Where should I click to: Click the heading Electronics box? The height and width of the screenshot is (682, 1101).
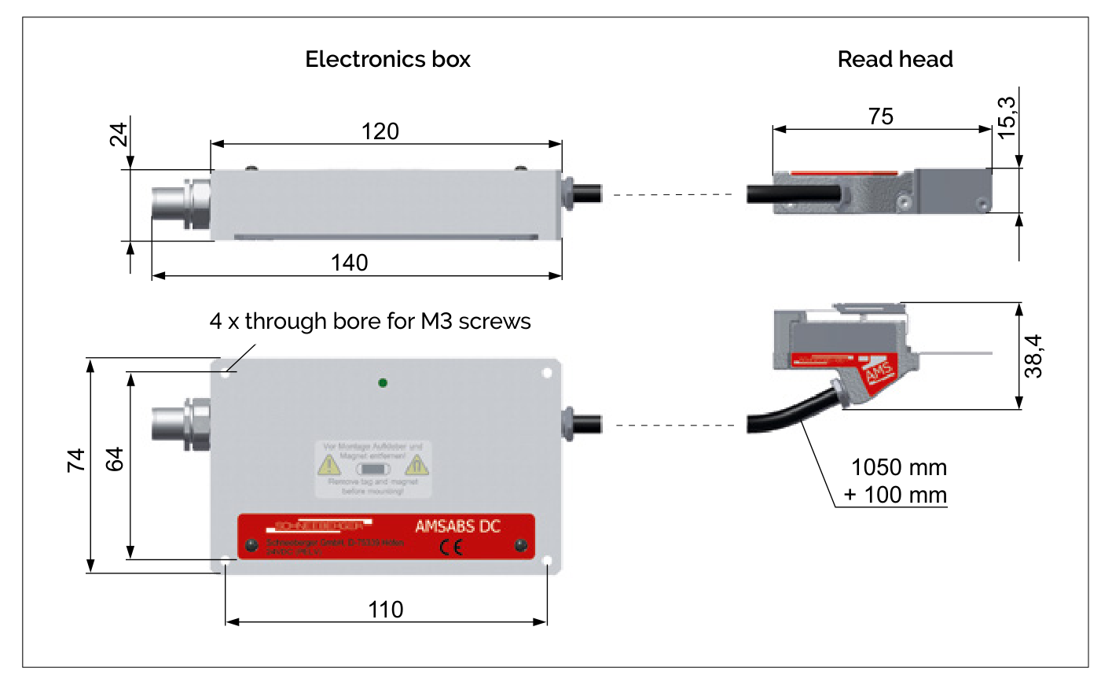pos(387,59)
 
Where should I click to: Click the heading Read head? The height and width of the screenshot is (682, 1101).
pos(894,59)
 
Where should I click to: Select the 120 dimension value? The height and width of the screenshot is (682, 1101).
pos(380,131)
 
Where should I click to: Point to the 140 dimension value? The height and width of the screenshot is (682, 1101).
pos(349,263)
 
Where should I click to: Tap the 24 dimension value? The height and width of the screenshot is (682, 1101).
pos(119,135)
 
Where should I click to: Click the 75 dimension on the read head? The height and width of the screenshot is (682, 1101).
pos(881,116)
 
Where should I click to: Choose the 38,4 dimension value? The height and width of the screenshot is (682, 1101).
pos(1034,356)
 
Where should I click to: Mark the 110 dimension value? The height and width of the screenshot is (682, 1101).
pos(386,610)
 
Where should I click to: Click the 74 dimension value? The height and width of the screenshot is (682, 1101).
pos(76,460)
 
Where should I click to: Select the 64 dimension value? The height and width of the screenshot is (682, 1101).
pos(115,459)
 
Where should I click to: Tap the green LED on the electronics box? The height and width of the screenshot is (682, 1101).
pos(382,383)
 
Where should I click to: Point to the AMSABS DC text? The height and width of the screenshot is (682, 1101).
pos(457,526)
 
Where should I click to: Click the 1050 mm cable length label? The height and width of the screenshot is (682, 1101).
pos(898,467)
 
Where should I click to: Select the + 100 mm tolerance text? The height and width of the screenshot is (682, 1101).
pos(895,495)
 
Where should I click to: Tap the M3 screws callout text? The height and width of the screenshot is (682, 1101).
pos(370,321)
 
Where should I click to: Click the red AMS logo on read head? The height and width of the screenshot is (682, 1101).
pos(879,372)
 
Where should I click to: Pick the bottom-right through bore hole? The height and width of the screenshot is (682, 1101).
pos(547,561)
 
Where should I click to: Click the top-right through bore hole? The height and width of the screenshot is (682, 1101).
pos(547,373)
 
